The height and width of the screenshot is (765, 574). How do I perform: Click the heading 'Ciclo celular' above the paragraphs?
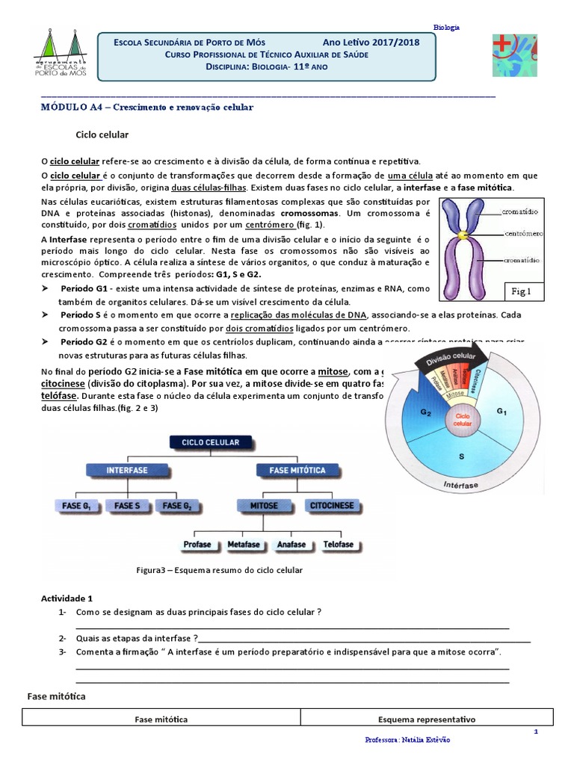[103, 135]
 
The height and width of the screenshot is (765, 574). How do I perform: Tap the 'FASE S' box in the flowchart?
[127, 506]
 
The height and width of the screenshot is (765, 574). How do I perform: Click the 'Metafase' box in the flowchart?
[244, 545]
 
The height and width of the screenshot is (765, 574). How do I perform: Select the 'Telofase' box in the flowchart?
[338, 545]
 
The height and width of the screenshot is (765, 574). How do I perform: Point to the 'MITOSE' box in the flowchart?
[264, 506]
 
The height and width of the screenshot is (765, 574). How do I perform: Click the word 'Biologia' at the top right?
[446, 27]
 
